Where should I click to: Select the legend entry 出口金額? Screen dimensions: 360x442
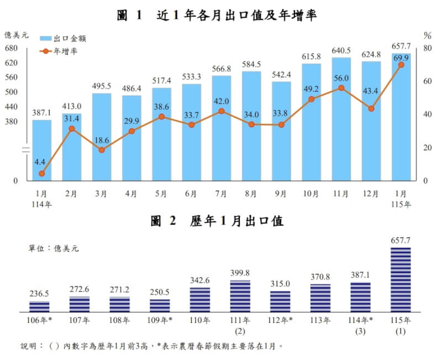(70, 38)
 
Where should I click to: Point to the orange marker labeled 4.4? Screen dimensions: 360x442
(42, 174)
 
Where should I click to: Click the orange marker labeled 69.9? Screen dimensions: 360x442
(401, 65)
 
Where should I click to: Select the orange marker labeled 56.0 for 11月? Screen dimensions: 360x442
(341, 88)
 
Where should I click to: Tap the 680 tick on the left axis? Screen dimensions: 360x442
(11, 48)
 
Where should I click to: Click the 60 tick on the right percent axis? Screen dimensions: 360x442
(427, 81)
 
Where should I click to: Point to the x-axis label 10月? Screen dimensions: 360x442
(311, 194)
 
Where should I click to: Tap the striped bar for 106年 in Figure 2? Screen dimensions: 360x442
(39, 307)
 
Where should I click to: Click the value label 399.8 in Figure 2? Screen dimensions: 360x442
(240, 273)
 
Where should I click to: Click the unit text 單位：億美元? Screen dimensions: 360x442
(54, 248)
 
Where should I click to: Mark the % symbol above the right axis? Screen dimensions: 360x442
(427, 35)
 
